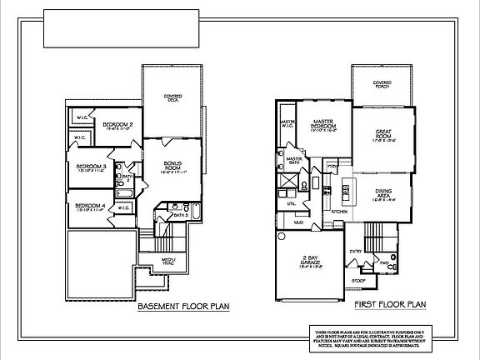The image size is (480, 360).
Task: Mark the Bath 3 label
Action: [179, 215]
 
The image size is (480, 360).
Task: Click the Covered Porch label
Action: [382, 84]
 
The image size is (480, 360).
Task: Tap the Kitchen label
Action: [339, 212]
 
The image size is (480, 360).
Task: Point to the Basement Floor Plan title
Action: [175, 307]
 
